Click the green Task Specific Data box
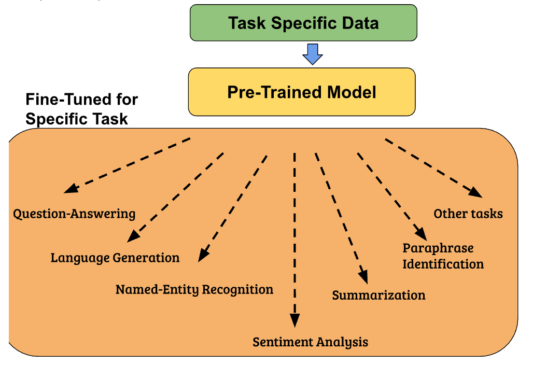pyautogui.click(x=303, y=23)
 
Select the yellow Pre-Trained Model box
pyautogui.click(x=302, y=92)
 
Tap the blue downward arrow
pyautogui.click(x=313, y=54)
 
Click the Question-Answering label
pyautogui.click(x=74, y=214)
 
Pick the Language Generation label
pyautogui.click(x=115, y=258)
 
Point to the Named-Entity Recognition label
pyautogui.click(x=194, y=289)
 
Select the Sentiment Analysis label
pyautogui.click(x=311, y=342)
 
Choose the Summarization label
pyautogui.click(x=378, y=295)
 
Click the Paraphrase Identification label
pyautogui.click(x=443, y=256)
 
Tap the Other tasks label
pyautogui.click(x=468, y=214)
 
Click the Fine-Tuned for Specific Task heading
pyautogui.click(x=81, y=109)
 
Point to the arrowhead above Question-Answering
pyautogui.click(x=71, y=188)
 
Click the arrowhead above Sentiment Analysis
pyautogui.click(x=294, y=320)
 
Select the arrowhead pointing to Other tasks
pyautogui.click(x=475, y=192)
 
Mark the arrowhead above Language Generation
pyautogui.click(x=133, y=236)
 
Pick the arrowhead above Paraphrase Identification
pyautogui.click(x=422, y=234)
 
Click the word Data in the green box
pyautogui.click(x=360, y=23)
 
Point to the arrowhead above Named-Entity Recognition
pyautogui.click(x=203, y=255)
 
